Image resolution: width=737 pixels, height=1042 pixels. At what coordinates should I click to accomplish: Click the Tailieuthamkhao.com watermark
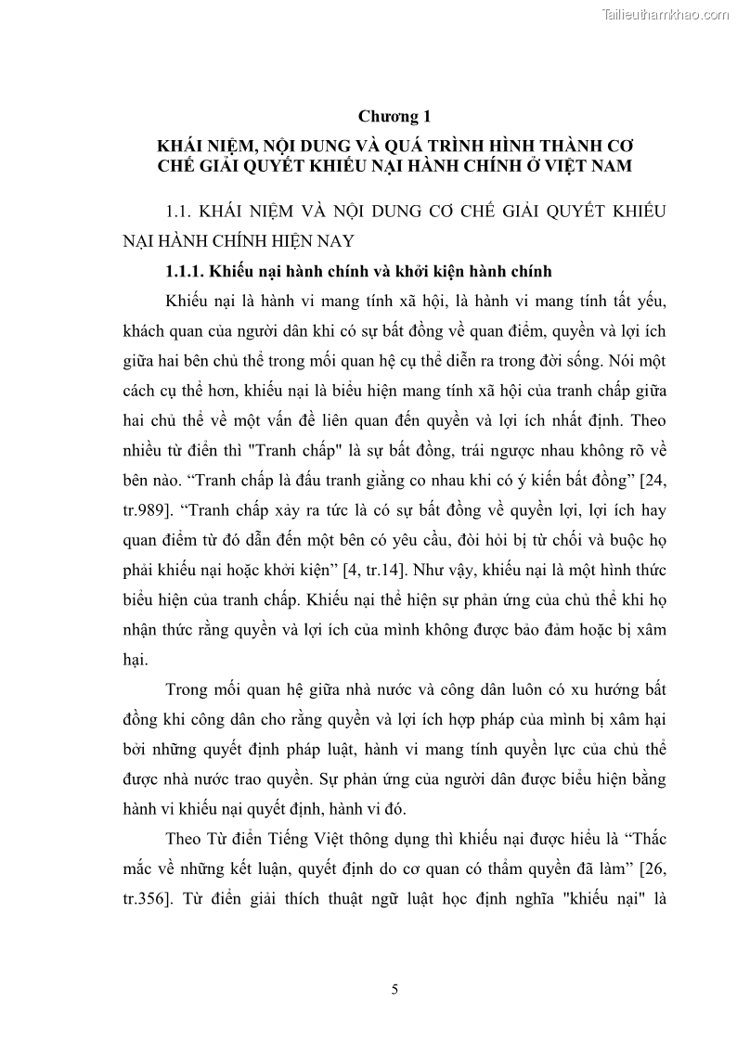[666, 14]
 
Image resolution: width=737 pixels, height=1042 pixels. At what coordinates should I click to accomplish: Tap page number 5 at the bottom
[395, 990]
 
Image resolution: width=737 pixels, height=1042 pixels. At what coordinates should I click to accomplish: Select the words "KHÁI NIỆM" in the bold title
[206, 147]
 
